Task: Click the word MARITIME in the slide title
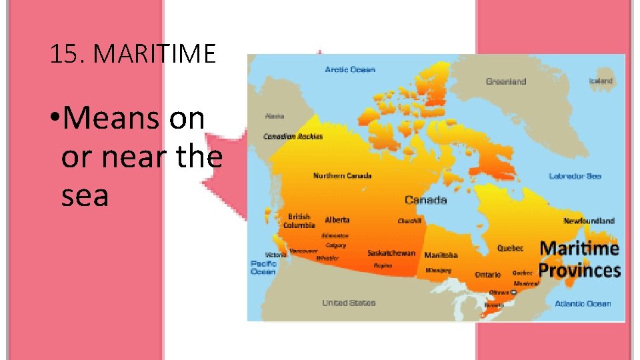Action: (155, 54)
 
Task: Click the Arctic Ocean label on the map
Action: (350, 69)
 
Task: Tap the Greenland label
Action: (506, 81)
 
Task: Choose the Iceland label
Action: (600, 81)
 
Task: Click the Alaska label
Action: (274, 116)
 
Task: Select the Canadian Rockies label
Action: (293, 137)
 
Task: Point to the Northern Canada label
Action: (343, 176)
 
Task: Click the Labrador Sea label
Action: (575, 176)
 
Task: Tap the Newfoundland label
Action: (589, 221)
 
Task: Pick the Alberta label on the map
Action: (337, 220)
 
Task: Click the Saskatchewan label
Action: (391, 253)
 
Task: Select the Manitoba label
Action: (441, 255)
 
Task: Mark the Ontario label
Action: (488, 275)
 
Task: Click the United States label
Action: (349, 303)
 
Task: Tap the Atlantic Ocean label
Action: (583, 303)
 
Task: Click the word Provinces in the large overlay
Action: (579, 270)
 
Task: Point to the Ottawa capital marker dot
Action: (514, 292)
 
